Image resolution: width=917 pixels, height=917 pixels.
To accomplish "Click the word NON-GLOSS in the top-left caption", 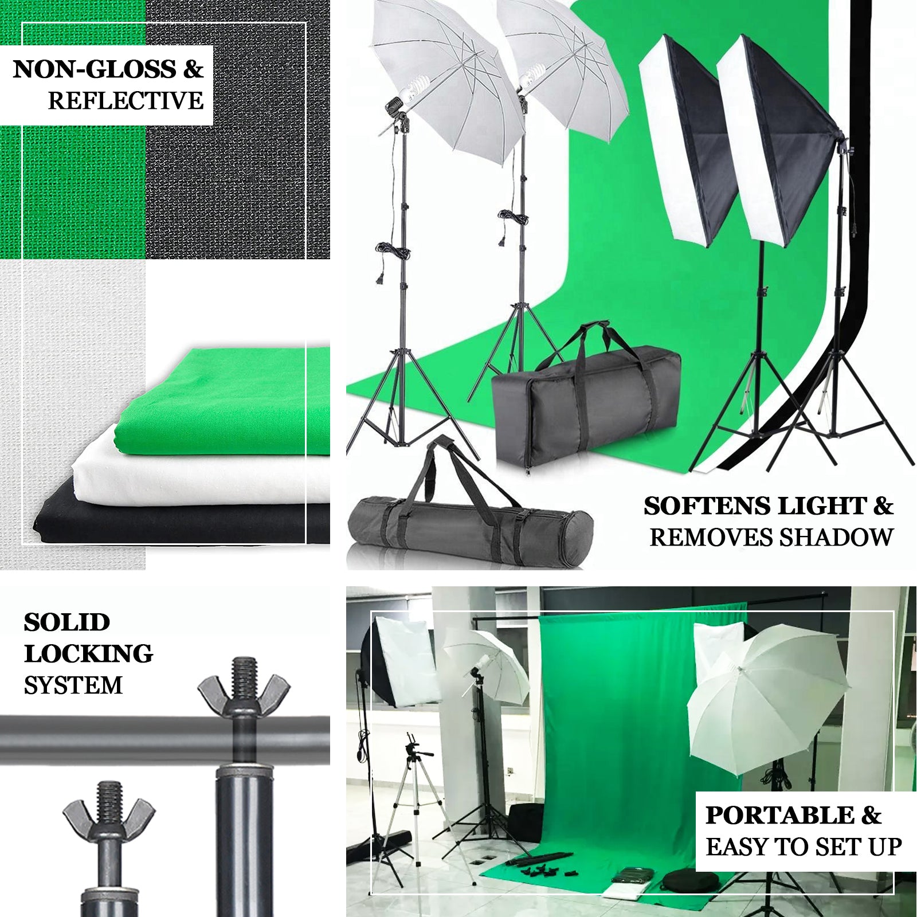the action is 95,69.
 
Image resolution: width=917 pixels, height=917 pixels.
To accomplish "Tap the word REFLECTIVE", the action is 126,101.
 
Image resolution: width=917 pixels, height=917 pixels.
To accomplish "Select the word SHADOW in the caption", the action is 836,538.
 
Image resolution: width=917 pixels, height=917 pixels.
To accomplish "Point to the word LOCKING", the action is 88,654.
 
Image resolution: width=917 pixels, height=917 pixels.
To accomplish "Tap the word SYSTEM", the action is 73,685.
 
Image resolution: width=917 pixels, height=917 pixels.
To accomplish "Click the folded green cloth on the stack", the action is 229,401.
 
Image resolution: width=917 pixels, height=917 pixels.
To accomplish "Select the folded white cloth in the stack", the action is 201,470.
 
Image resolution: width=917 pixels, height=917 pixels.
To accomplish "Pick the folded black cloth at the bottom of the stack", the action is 183,522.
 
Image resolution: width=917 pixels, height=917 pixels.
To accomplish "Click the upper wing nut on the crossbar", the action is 244,685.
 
